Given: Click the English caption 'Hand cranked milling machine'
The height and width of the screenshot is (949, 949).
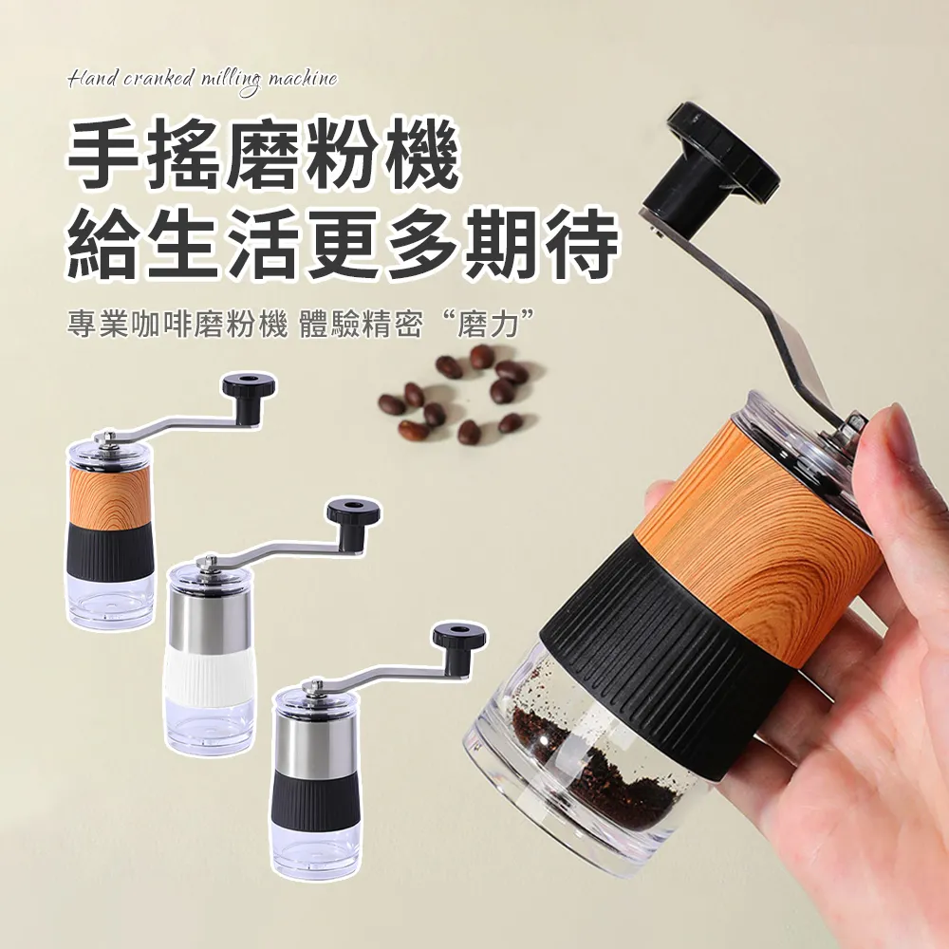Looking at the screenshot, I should coord(202,79).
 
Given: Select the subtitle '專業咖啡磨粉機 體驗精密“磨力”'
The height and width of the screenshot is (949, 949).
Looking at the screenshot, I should coord(304,324).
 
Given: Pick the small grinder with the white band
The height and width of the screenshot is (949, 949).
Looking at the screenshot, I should coord(211,645).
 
